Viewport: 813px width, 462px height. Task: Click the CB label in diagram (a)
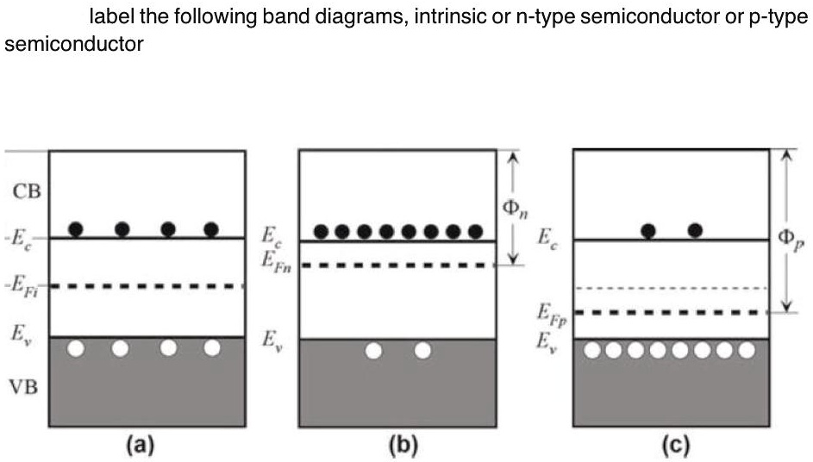tap(25, 190)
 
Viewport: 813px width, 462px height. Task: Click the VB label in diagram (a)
tap(25, 387)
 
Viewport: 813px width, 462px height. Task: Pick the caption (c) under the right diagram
tap(670, 445)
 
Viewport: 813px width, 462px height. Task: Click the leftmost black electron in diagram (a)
tap(76, 228)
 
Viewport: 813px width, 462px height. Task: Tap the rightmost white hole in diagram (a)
tap(212, 348)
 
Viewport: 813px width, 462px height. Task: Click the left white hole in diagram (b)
tap(373, 351)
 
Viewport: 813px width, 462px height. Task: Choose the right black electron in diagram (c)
tap(695, 229)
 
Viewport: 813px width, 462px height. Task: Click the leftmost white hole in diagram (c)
tap(591, 350)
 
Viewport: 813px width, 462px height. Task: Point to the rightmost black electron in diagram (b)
tap(474, 231)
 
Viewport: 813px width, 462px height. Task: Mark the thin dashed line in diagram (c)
tap(671, 287)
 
